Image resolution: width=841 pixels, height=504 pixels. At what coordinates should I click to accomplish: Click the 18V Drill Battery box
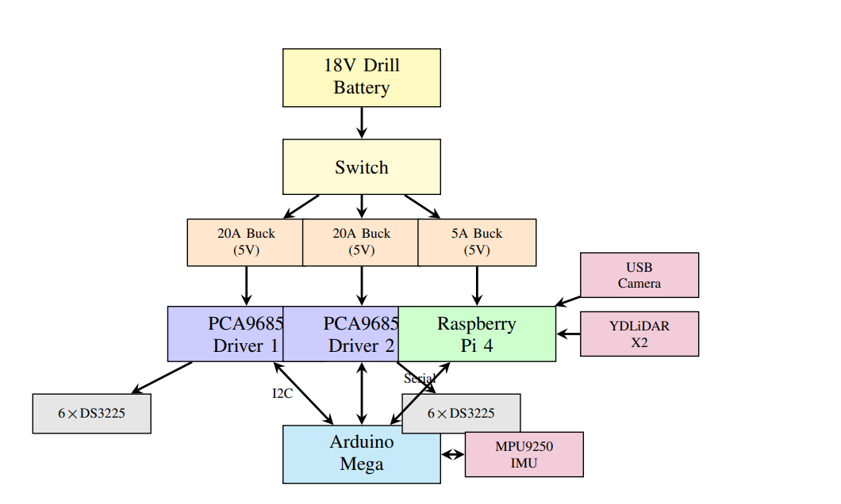click(361, 78)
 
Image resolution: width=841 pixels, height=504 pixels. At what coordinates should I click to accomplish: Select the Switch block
click(361, 167)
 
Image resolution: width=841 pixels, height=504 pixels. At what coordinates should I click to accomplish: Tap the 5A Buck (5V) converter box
click(477, 242)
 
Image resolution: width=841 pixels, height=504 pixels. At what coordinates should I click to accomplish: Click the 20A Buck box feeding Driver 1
click(245, 242)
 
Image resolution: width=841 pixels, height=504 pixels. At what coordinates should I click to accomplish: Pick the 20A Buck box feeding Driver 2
click(361, 242)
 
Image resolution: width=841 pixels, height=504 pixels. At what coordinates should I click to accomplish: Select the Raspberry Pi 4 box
click(477, 334)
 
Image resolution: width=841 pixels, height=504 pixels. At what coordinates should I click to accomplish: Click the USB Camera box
click(639, 275)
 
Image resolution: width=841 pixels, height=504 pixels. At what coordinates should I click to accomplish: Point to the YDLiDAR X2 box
click(639, 334)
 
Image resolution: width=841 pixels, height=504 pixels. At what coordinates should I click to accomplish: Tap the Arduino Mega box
click(361, 454)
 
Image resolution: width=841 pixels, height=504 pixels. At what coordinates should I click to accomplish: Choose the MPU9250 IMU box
click(524, 455)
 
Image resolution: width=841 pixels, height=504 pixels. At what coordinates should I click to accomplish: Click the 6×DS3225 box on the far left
click(91, 414)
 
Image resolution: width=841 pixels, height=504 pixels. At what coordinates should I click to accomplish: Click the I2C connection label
click(282, 393)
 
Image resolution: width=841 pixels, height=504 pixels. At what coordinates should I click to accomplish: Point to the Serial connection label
click(419, 379)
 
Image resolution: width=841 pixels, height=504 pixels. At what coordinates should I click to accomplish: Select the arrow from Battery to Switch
click(362, 123)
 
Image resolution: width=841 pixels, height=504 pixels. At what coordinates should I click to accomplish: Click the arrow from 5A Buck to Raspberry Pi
click(477, 285)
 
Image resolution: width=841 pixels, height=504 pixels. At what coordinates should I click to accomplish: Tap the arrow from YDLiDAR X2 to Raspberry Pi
click(568, 334)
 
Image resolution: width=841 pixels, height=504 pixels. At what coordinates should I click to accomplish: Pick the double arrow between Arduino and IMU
click(452, 455)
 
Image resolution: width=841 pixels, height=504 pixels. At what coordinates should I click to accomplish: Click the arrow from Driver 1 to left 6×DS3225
click(163, 377)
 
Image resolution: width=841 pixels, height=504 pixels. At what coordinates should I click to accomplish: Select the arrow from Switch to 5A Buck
click(422, 205)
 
